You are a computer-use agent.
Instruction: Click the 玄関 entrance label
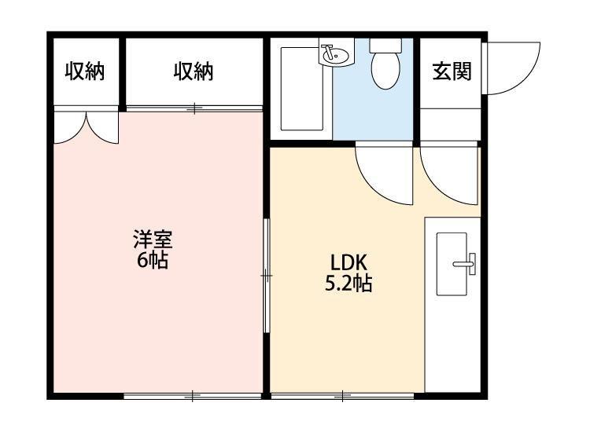451,71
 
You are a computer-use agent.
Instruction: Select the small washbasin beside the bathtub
334,55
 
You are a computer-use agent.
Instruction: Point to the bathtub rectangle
303,88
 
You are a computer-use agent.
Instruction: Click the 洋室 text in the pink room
152,239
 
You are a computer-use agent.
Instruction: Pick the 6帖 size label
152,260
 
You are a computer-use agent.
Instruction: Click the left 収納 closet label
84,71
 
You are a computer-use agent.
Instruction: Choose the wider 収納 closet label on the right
194,71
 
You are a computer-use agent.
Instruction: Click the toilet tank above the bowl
385,45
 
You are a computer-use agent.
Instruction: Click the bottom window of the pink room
192,395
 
